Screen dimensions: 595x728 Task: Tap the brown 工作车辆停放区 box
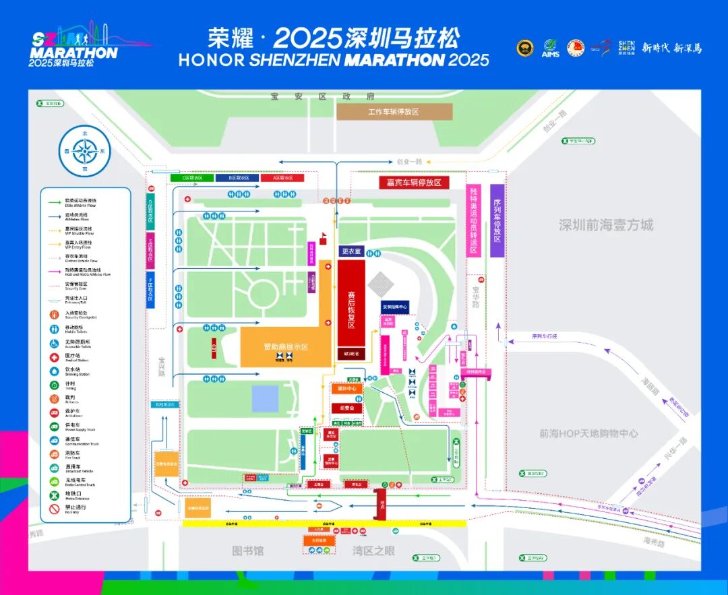tap(394, 111)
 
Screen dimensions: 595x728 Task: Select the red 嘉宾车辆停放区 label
tap(414, 183)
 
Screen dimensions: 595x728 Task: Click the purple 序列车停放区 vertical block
tap(497, 220)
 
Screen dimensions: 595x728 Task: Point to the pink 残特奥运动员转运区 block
tap(474, 220)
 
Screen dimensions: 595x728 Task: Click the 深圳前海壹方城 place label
tap(606, 224)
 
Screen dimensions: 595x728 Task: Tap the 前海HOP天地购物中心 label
tap(588, 433)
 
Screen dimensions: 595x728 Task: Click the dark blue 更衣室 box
tap(351, 251)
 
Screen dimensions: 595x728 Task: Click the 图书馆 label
tap(248, 551)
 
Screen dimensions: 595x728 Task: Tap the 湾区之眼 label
tap(374, 551)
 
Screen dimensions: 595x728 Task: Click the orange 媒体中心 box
tap(346, 389)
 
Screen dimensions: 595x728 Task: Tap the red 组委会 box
tap(346, 408)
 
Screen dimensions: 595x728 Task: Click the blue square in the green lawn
tap(265, 398)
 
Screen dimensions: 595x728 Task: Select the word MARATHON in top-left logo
tap(74, 53)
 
